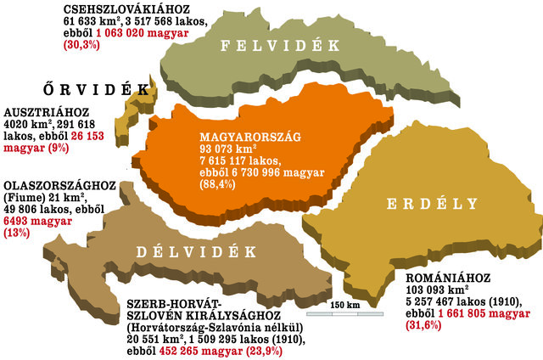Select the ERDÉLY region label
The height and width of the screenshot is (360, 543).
[x=427, y=204]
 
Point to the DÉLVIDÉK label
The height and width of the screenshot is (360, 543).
[x=196, y=251]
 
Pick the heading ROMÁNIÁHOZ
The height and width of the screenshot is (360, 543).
[x=441, y=278]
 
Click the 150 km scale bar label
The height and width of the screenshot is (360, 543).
[x=344, y=305]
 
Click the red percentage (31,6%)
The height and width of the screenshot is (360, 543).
[x=426, y=325]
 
